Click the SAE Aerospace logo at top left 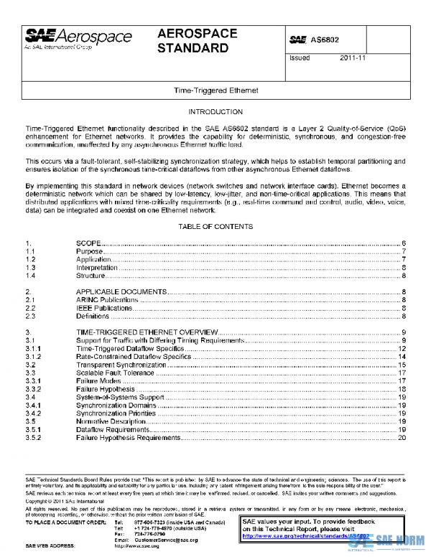[x=78, y=38]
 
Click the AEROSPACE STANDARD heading [x=193, y=42]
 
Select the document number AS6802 [x=325, y=40]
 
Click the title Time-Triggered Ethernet [x=215, y=91]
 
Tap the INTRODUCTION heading [x=215, y=112]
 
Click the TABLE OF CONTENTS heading [x=215, y=226]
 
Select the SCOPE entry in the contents [x=88, y=244]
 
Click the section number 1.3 [x=31, y=268]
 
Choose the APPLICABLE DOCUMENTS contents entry [x=121, y=291]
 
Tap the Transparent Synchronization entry [x=121, y=365]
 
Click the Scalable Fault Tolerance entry [x=115, y=373]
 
